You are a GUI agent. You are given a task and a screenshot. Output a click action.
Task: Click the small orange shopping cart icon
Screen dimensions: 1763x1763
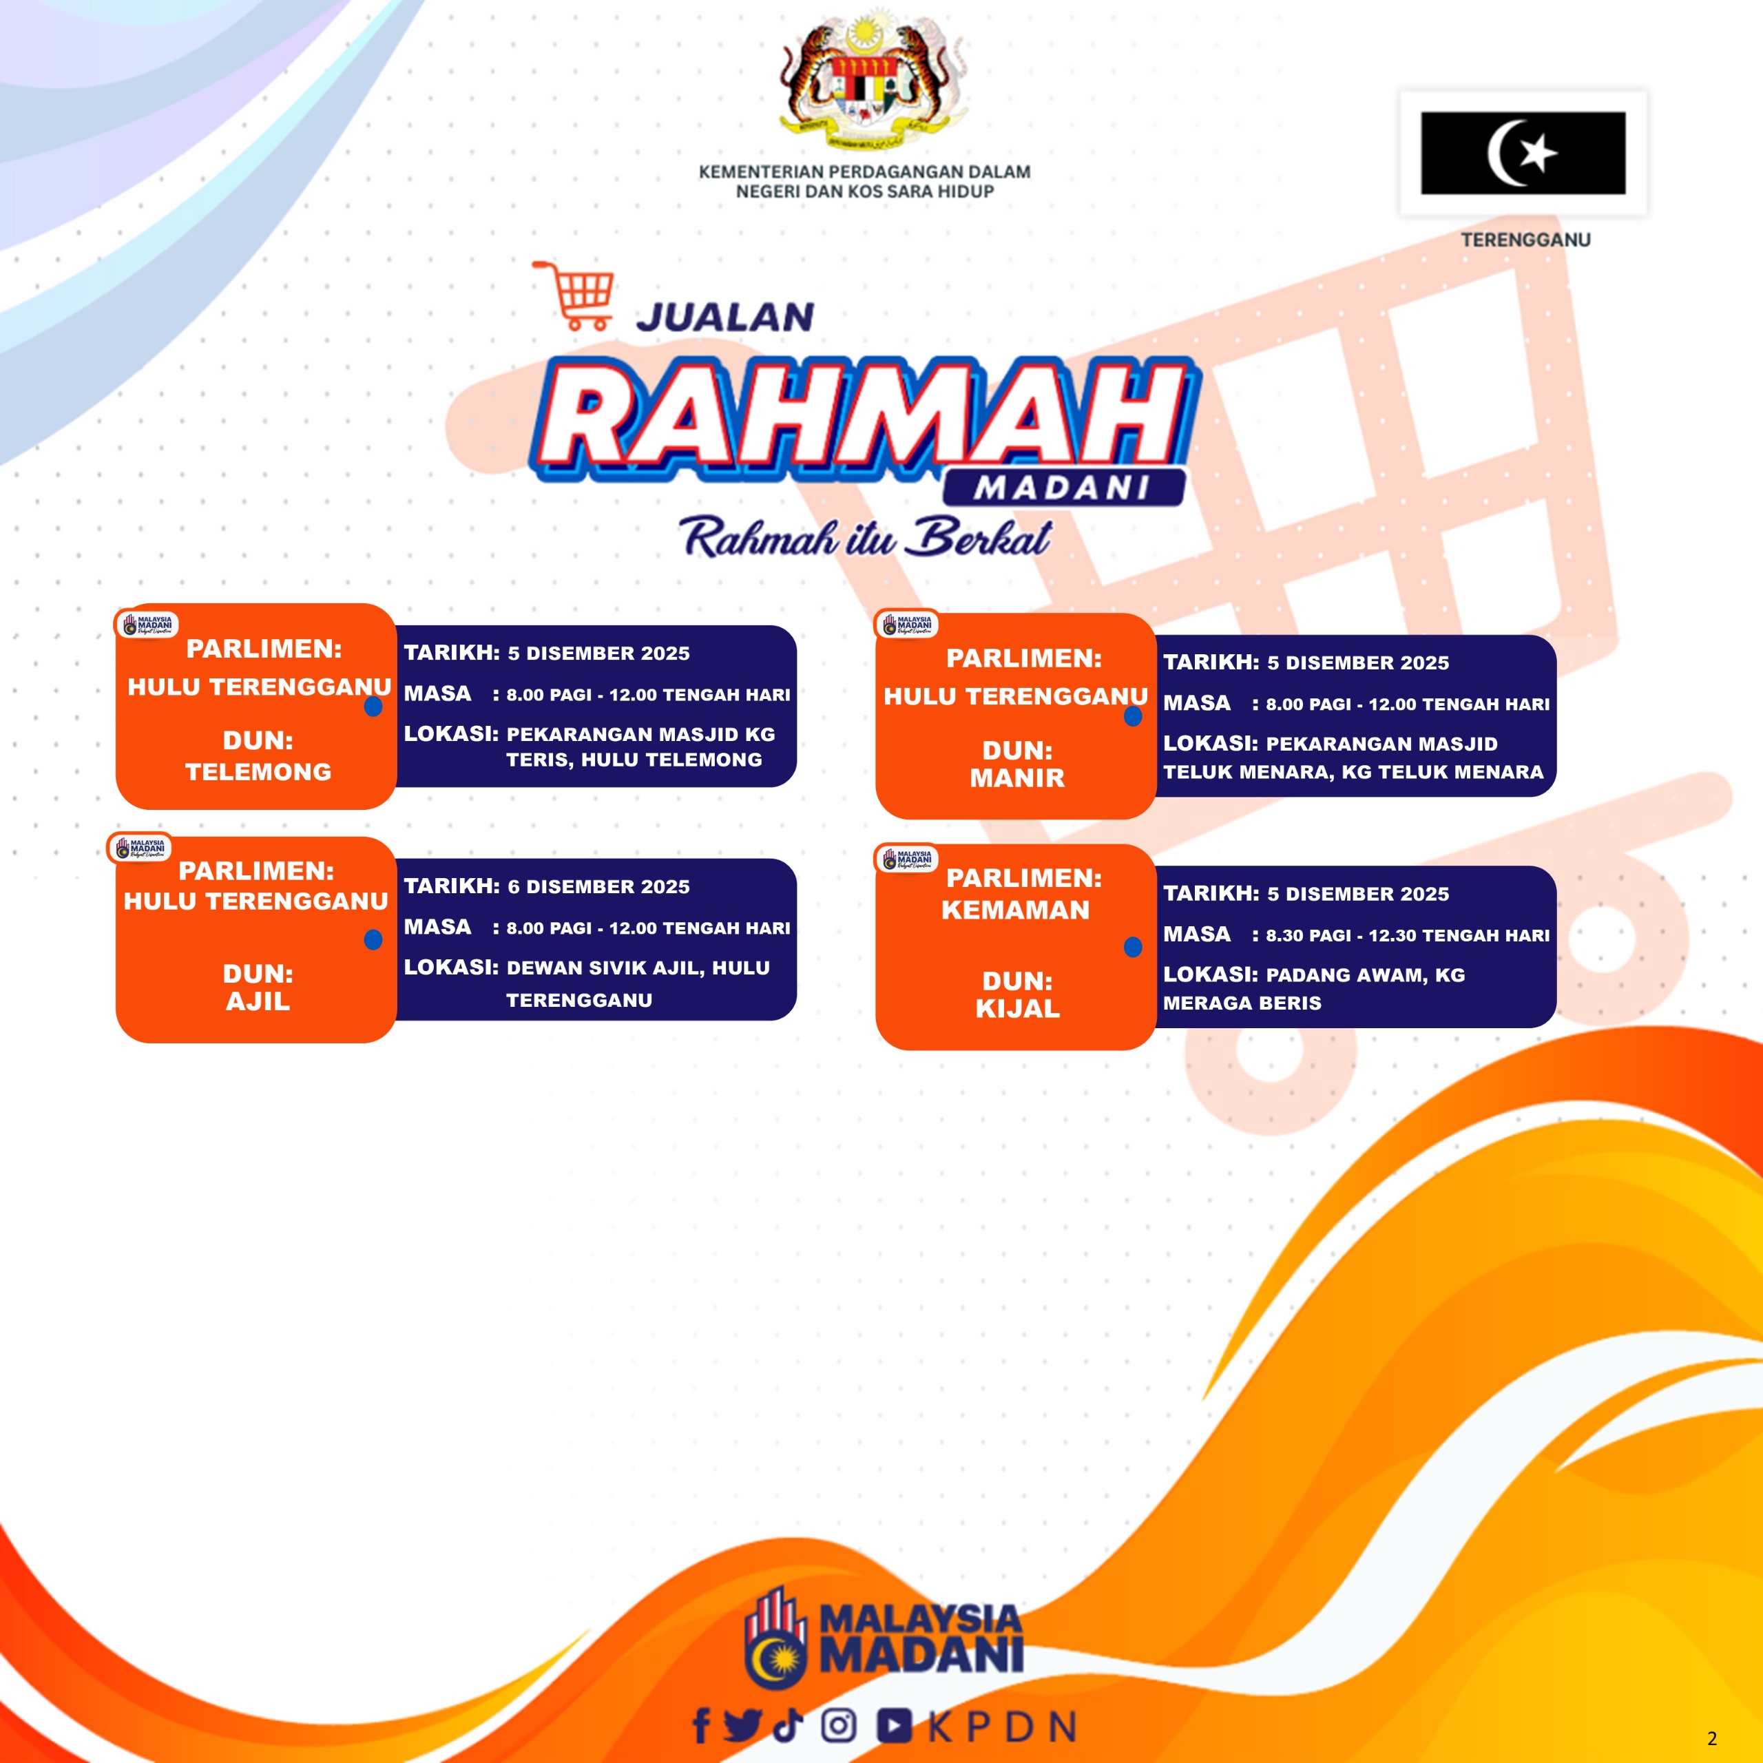573,295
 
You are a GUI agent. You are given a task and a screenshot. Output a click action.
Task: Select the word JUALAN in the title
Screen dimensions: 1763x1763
725,317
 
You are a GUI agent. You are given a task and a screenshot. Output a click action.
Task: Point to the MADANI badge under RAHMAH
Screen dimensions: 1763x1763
1063,488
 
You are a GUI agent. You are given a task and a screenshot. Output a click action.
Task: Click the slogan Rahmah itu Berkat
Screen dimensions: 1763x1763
866,537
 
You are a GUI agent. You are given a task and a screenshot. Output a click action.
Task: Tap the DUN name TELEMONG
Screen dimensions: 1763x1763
258,772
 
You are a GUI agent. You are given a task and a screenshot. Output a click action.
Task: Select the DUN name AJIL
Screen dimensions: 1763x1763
258,1001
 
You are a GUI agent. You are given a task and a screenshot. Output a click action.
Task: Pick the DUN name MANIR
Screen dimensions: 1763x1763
1017,778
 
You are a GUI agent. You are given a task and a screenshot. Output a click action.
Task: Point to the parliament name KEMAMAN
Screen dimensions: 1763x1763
1016,910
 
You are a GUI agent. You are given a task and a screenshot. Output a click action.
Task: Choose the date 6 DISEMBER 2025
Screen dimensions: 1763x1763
598,887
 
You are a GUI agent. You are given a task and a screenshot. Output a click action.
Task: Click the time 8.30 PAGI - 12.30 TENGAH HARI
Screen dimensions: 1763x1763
1407,935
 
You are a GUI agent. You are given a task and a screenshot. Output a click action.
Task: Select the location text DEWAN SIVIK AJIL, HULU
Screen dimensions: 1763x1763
638,968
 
